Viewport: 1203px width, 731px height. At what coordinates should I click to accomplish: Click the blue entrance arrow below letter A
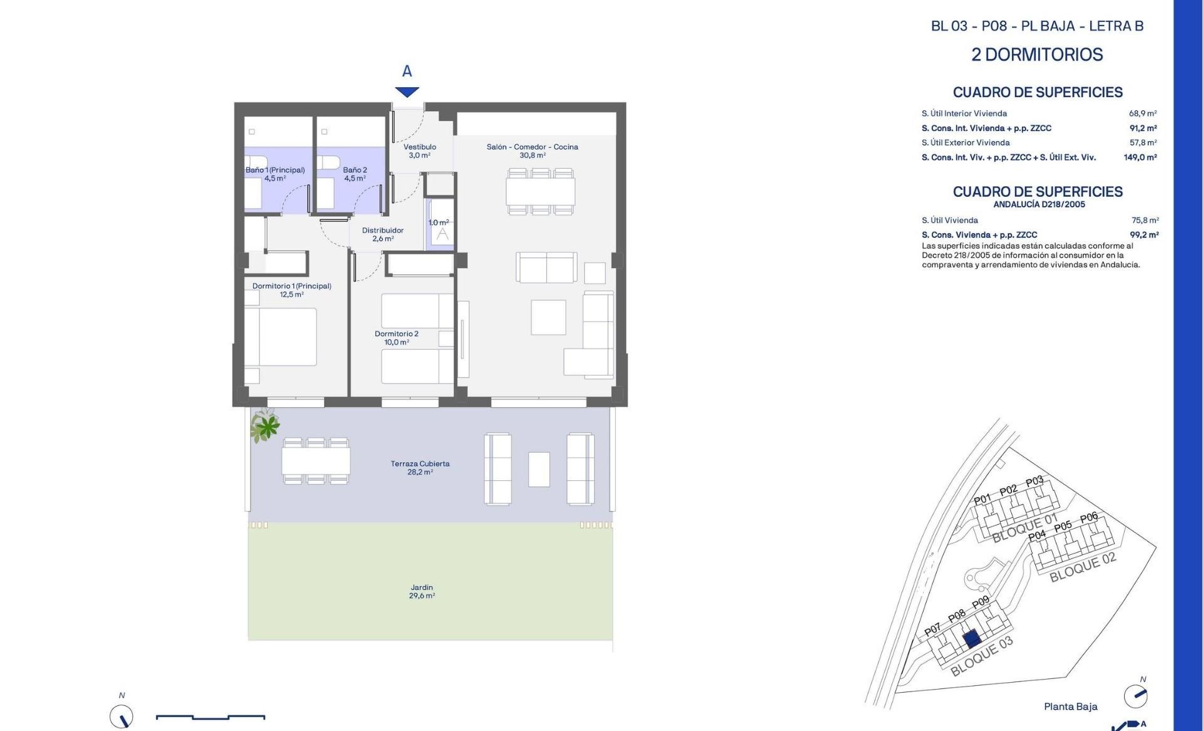pyautogui.click(x=407, y=92)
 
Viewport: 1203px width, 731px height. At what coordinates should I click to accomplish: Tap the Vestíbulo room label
pyautogui.click(x=420, y=147)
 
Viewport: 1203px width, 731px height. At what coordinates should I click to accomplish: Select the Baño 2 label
pyautogui.click(x=355, y=170)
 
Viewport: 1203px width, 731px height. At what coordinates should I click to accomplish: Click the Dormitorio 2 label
pyautogui.click(x=397, y=334)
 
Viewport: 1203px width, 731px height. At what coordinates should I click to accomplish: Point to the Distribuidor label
pyautogui.click(x=383, y=230)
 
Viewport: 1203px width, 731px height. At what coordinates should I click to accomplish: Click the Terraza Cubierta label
pyautogui.click(x=420, y=464)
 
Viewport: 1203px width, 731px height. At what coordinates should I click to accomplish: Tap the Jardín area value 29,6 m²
pyautogui.click(x=422, y=596)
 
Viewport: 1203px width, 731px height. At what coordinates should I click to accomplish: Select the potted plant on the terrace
pyautogui.click(x=266, y=425)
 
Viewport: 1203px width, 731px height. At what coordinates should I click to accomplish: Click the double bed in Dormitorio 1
pyautogui.click(x=281, y=337)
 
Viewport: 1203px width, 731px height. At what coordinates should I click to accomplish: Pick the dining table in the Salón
pyautogui.click(x=540, y=192)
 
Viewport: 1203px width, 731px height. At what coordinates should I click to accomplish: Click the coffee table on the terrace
pyautogui.click(x=539, y=470)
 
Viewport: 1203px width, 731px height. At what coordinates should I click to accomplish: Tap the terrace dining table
pyautogui.click(x=316, y=461)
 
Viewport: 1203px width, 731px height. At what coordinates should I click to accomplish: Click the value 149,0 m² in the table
pyautogui.click(x=1140, y=157)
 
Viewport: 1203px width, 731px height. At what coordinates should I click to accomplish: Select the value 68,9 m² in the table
pyautogui.click(x=1143, y=113)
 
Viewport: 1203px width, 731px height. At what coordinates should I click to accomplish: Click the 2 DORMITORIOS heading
pyautogui.click(x=1037, y=55)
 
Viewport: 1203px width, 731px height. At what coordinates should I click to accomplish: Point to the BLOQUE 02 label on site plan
pyautogui.click(x=1083, y=567)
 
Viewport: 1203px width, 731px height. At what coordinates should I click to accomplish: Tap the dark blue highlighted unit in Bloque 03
pyautogui.click(x=971, y=639)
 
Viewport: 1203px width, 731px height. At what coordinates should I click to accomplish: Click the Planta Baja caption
pyautogui.click(x=1071, y=707)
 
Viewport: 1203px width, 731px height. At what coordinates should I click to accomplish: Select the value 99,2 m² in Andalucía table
pyautogui.click(x=1144, y=235)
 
